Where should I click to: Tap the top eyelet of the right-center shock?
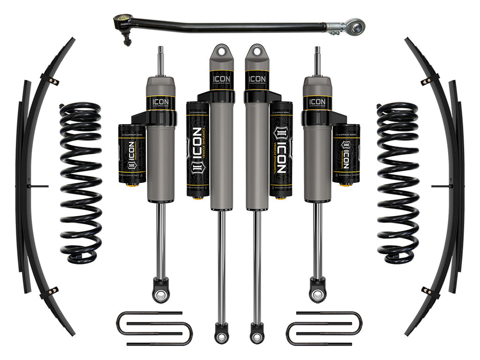tap(257, 52)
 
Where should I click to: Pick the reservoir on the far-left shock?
tap(131, 153)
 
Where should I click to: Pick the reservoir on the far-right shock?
tap(347, 153)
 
